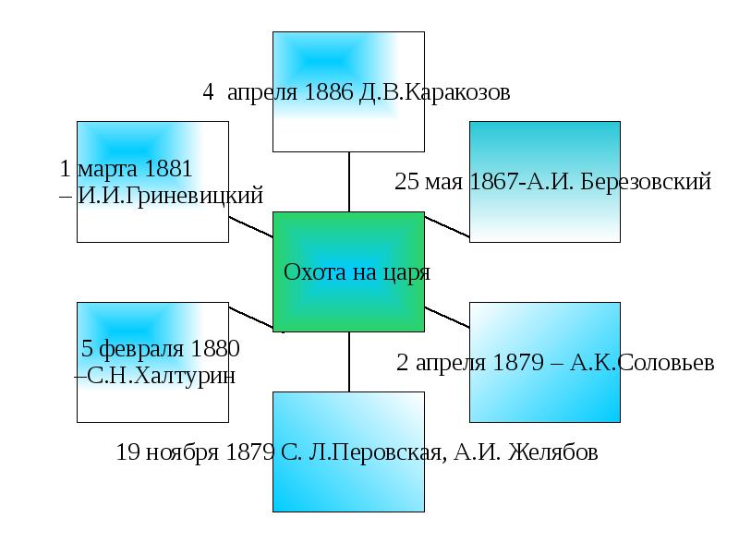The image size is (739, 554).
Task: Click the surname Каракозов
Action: point(454,93)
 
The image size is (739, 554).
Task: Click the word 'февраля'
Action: point(143,350)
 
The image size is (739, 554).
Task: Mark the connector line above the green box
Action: point(349,181)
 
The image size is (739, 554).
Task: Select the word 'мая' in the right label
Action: point(444,182)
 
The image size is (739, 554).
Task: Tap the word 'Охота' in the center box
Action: point(313,273)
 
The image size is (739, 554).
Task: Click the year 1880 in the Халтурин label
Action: point(215,350)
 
